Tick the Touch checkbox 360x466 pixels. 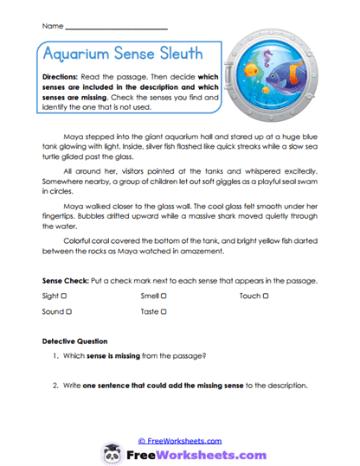[266, 297]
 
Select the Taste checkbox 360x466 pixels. [162, 311]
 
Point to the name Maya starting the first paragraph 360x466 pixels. [74, 137]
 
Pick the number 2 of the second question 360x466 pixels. [55, 385]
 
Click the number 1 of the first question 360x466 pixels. [55, 356]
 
